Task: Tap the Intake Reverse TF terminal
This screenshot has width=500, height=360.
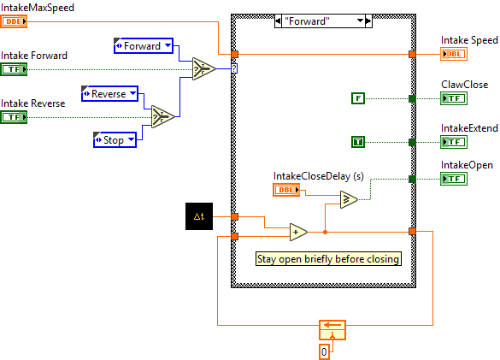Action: click(15, 117)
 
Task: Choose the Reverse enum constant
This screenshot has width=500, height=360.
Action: click(109, 94)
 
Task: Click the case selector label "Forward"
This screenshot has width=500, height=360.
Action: click(319, 22)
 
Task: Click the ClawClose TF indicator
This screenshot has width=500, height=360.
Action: click(454, 98)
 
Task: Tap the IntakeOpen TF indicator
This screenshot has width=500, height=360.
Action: click(454, 179)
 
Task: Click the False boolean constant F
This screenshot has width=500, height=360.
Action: click(359, 98)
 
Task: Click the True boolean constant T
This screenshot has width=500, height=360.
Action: click(359, 141)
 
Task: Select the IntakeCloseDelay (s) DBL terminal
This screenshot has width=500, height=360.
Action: click(287, 190)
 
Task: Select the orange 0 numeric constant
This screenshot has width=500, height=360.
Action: click(324, 351)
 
